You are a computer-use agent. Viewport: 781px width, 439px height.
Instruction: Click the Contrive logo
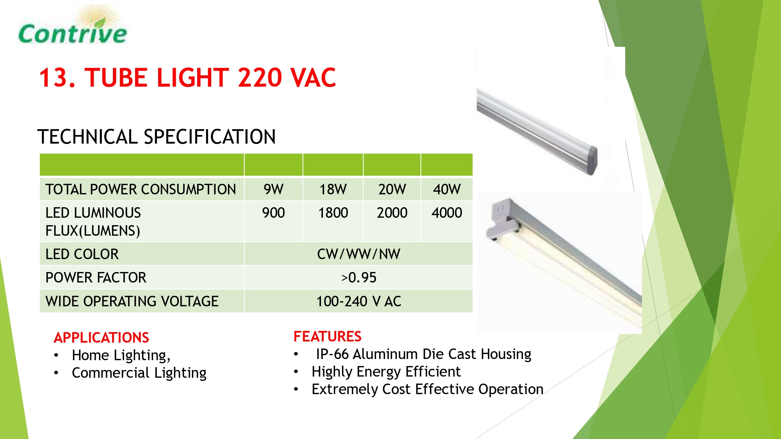(x=73, y=25)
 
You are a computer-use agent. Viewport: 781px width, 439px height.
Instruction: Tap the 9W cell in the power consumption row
(x=273, y=190)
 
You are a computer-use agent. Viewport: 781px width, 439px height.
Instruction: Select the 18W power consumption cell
(x=333, y=190)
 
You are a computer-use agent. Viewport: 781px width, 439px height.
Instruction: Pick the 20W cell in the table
(x=392, y=190)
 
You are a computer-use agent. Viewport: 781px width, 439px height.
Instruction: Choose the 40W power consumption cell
(x=447, y=190)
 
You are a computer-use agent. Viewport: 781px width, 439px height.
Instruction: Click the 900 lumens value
(x=273, y=213)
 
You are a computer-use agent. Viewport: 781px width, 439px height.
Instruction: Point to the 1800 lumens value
(x=333, y=213)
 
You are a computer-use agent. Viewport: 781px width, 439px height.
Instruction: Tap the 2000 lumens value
(x=392, y=213)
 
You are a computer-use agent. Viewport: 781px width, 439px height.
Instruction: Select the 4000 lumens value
(x=447, y=213)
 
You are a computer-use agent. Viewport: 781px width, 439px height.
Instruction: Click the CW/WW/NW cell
(x=358, y=254)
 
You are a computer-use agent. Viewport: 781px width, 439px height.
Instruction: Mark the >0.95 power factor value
(x=358, y=278)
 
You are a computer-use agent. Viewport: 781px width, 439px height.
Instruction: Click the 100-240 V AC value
(x=358, y=302)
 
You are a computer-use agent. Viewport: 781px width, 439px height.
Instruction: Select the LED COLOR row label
(x=82, y=254)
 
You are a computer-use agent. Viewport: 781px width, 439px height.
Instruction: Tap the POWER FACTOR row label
(x=96, y=278)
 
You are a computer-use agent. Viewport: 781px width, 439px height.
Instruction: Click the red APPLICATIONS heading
(x=102, y=338)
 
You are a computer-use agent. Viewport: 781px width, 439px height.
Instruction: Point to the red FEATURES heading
(x=328, y=336)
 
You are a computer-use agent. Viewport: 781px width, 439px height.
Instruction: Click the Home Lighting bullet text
(x=121, y=355)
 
